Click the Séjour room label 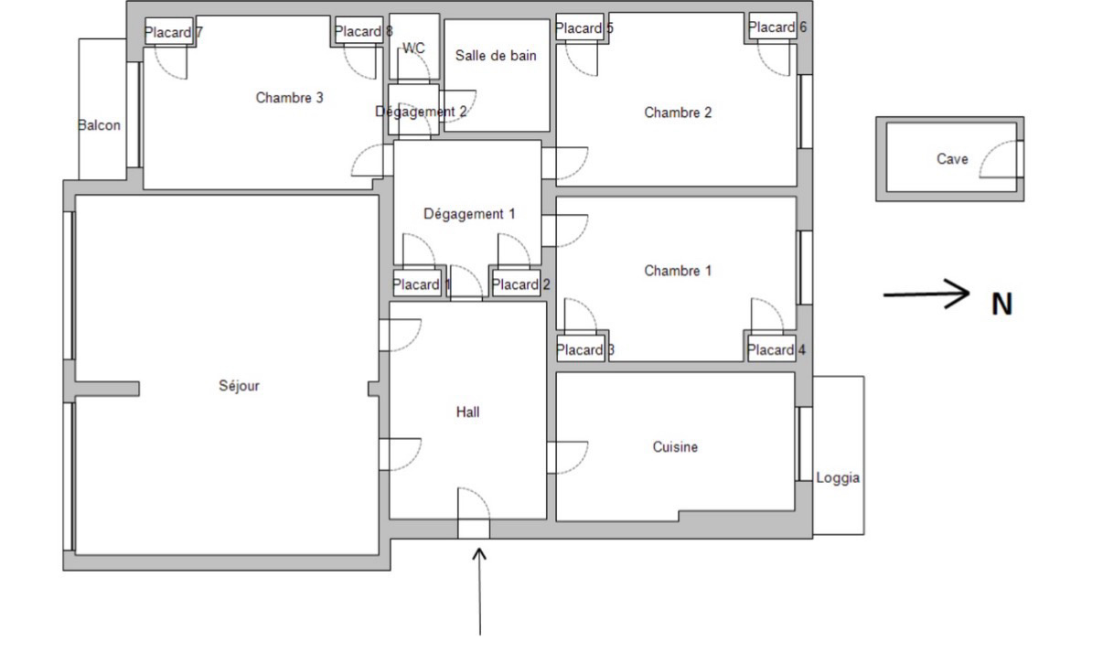click(x=239, y=385)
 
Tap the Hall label click(x=467, y=412)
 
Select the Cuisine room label click(x=675, y=447)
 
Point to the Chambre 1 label click(x=678, y=271)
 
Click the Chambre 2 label click(x=678, y=112)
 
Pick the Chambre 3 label click(x=289, y=98)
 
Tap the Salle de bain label click(x=496, y=56)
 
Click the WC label click(x=413, y=48)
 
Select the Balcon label click(x=99, y=125)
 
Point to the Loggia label click(x=838, y=478)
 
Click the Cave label click(x=952, y=159)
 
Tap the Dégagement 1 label click(x=469, y=214)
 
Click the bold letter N click(x=1001, y=305)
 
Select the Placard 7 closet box click(x=169, y=31)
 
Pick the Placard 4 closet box click(x=772, y=349)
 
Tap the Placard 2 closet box click(x=517, y=283)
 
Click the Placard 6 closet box click(x=773, y=27)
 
